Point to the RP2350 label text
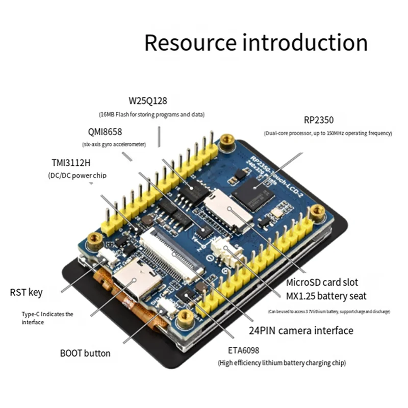point(318,120)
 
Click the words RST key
point(27,293)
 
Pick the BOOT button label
point(85,353)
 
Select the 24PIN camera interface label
point(301,330)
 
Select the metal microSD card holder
point(228,209)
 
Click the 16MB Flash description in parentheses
point(151,114)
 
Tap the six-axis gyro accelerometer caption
point(114,144)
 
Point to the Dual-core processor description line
point(328,133)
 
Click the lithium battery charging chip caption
point(282,363)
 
